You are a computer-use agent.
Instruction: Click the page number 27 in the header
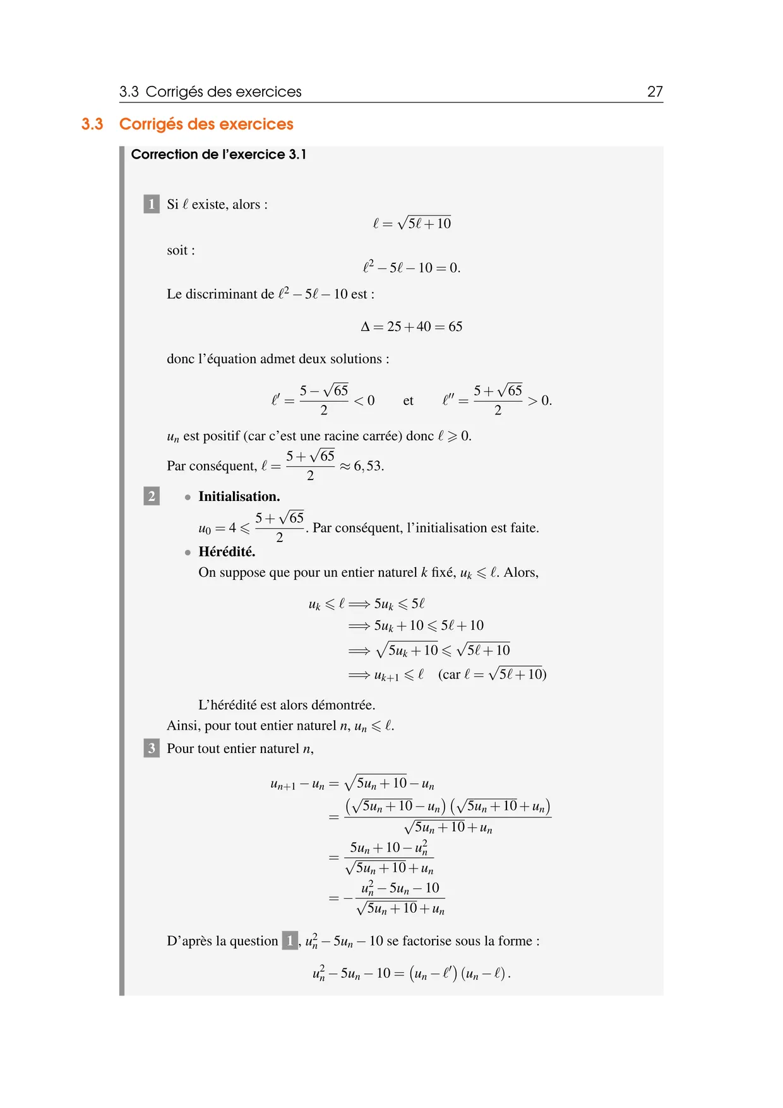click(x=655, y=92)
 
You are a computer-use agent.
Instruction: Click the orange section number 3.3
click(x=92, y=124)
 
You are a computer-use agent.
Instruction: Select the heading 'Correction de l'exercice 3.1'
click(x=218, y=155)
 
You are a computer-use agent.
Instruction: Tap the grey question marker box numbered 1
click(x=152, y=204)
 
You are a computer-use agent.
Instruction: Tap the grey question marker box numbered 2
click(x=152, y=496)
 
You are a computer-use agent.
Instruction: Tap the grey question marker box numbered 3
click(x=152, y=749)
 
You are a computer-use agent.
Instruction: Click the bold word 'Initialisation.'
click(x=239, y=497)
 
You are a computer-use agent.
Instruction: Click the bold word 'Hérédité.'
click(x=227, y=551)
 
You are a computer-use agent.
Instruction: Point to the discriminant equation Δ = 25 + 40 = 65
click(x=411, y=327)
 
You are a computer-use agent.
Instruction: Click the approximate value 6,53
click(x=368, y=466)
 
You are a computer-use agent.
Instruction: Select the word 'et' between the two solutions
click(x=408, y=400)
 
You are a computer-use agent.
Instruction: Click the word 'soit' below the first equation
click(x=178, y=250)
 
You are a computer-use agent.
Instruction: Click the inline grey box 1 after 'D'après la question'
click(x=290, y=941)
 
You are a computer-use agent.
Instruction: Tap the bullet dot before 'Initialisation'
click(x=188, y=497)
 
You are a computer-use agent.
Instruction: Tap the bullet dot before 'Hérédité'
click(x=188, y=552)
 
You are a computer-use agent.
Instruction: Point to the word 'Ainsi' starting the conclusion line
click(x=181, y=726)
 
